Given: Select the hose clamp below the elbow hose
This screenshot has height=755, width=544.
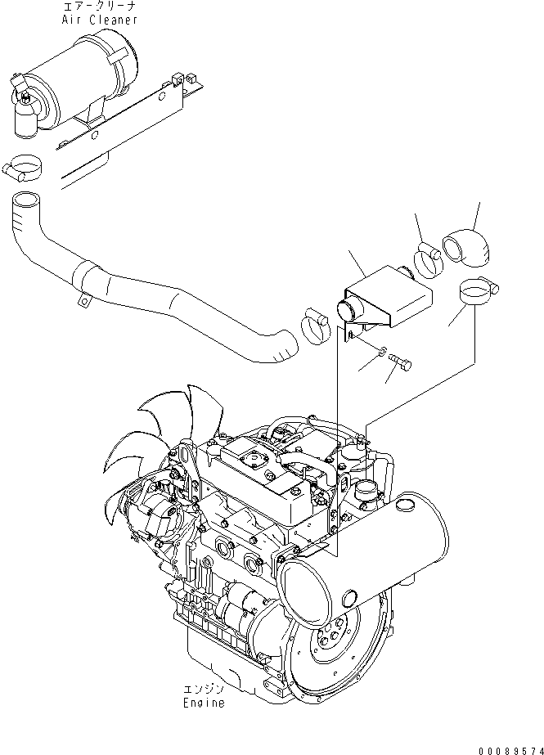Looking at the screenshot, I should pos(478,290).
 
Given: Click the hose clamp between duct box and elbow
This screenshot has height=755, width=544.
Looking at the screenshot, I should pos(427,259).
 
